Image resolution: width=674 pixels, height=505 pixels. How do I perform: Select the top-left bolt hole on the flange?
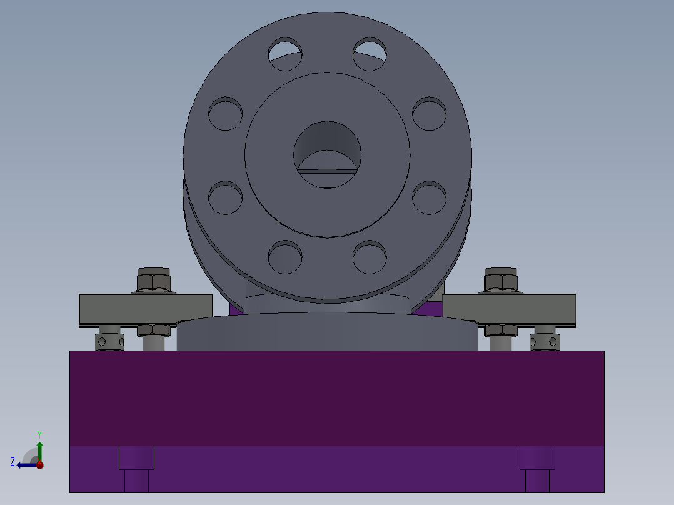click(286, 54)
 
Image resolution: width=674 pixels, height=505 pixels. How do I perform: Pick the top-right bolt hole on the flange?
click(370, 54)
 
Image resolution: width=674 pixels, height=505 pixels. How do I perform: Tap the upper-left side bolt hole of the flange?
click(225, 114)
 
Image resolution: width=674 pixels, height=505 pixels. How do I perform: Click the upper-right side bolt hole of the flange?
click(430, 114)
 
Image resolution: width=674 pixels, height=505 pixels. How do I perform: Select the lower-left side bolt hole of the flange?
click(225, 197)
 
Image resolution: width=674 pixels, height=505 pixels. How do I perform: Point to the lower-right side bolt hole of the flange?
click(430, 197)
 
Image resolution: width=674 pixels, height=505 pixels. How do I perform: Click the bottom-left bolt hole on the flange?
click(285, 257)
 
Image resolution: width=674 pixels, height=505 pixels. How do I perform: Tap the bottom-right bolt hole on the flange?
click(370, 257)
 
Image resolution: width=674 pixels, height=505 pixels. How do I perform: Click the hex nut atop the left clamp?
click(153, 281)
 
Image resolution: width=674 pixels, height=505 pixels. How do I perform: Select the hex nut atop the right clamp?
click(501, 281)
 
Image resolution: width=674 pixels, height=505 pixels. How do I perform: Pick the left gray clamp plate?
click(145, 309)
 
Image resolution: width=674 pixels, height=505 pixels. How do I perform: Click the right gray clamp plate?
click(509, 309)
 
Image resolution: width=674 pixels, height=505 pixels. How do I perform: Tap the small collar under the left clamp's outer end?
click(109, 342)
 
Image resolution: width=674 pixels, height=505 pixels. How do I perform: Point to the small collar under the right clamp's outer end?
click(544, 342)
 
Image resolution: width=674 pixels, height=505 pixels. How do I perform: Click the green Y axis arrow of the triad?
click(39, 449)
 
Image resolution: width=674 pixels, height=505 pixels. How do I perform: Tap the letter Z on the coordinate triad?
click(13, 461)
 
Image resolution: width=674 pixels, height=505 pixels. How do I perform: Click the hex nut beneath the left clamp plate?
click(154, 329)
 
